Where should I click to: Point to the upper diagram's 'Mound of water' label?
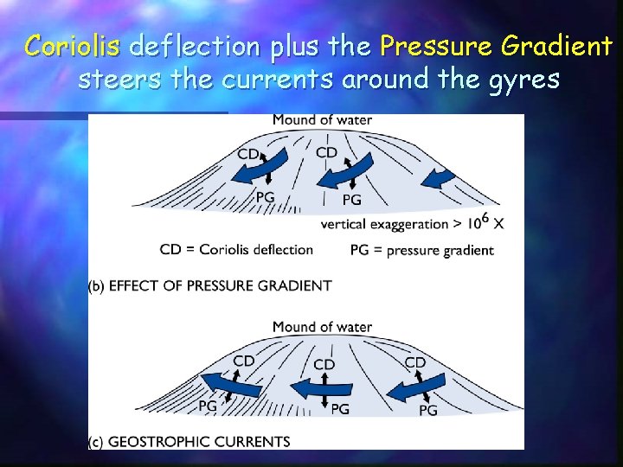[x=322, y=119]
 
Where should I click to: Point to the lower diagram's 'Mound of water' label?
[x=322, y=327]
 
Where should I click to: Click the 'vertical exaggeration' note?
[x=412, y=223]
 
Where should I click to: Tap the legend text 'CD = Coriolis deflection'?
[x=236, y=249]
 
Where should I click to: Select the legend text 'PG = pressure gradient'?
[x=422, y=250]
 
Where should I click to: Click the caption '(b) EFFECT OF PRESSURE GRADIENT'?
[x=210, y=285]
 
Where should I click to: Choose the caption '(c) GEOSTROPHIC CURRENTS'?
[x=189, y=442]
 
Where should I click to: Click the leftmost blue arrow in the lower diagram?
[x=230, y=381]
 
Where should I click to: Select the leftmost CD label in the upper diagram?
[x=248, y=154]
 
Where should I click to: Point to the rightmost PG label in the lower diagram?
[x=428, y=410]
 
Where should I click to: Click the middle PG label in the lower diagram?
[x=339, y=408]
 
